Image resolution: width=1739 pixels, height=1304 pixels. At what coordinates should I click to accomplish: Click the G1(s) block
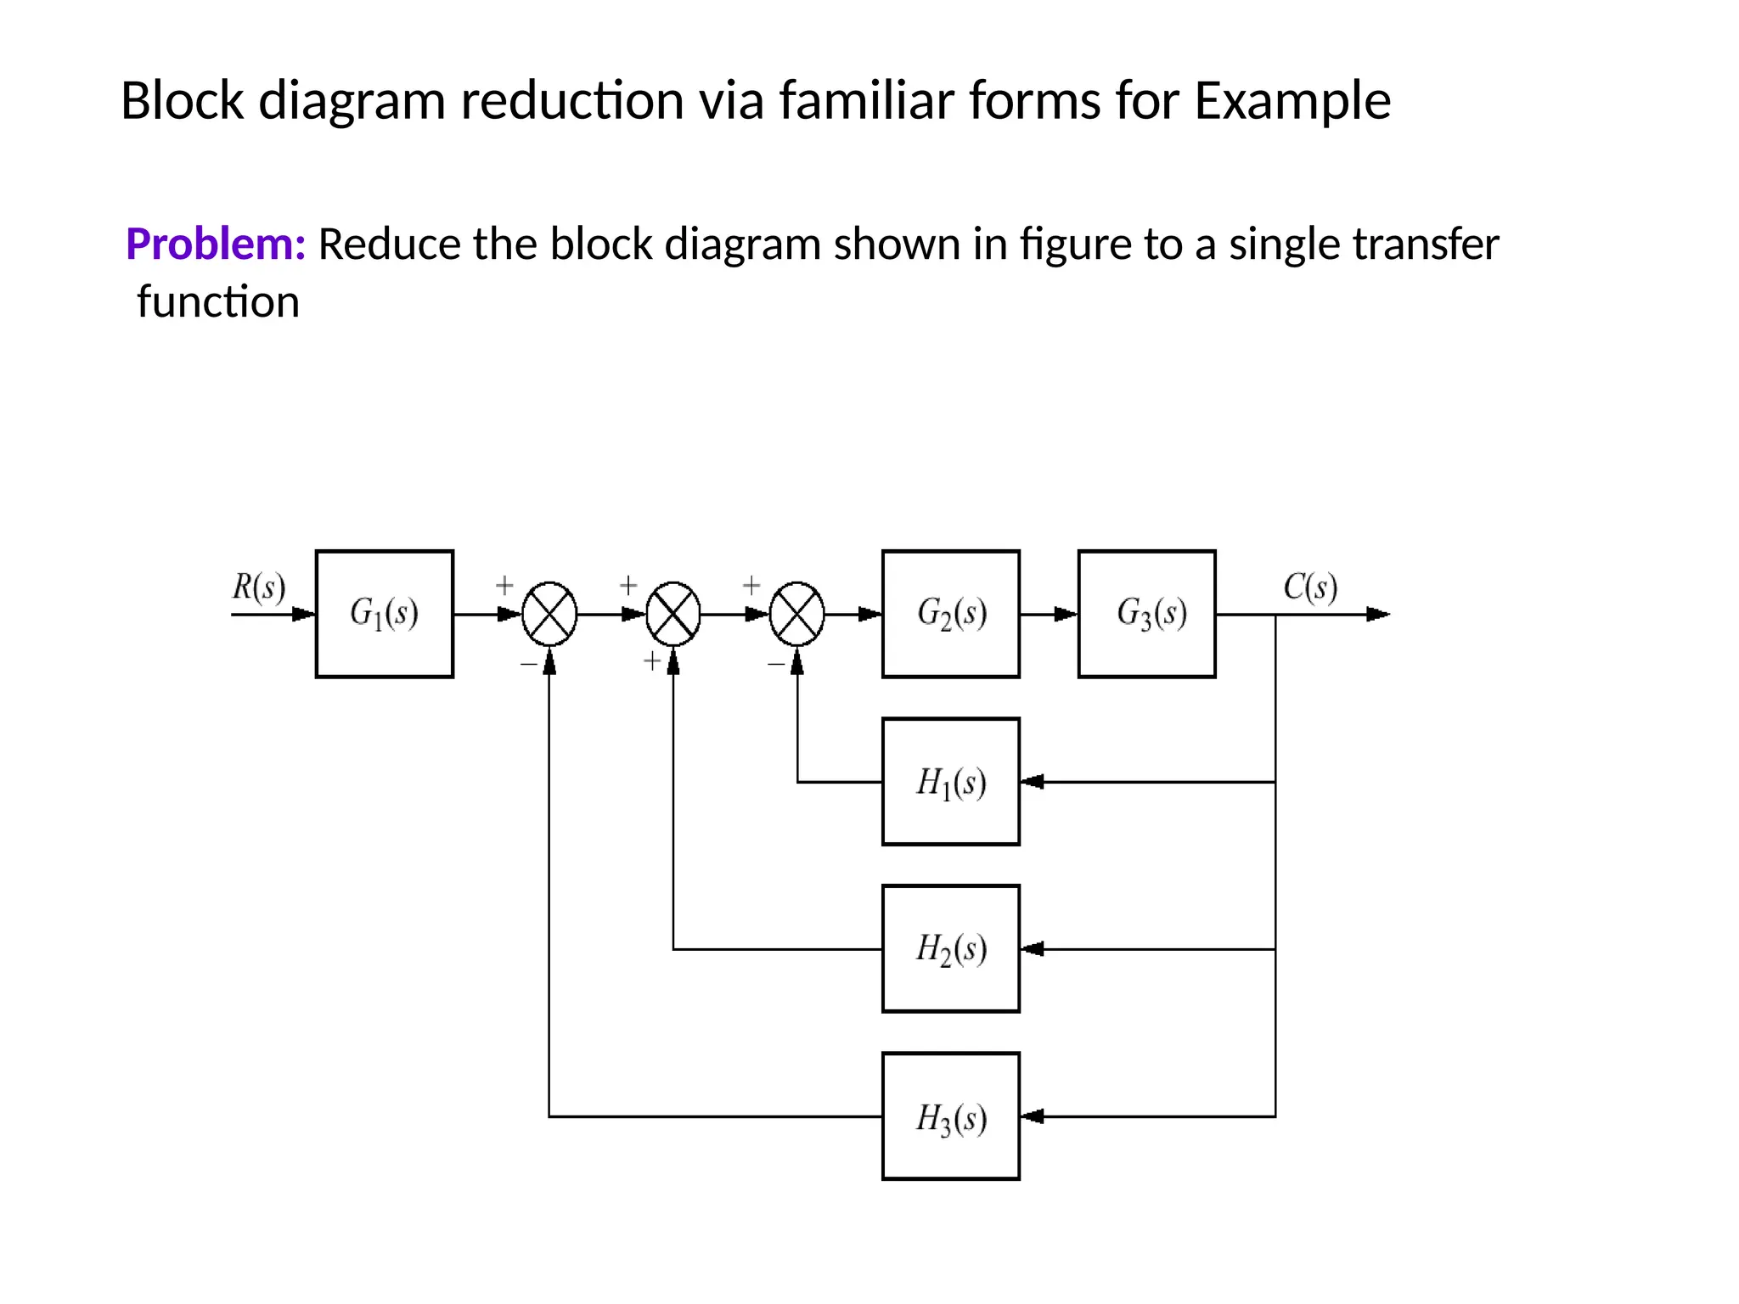pyautogui.click(x=384, y=614)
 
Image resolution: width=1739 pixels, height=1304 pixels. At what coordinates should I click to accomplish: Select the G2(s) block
pyautogui.click(x=950, y=614)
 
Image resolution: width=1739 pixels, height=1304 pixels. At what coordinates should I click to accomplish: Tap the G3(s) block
pyautogui.click(x=1146, y=614)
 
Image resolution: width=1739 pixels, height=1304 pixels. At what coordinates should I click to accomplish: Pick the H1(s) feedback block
pyautogui.click(x=950, y=781)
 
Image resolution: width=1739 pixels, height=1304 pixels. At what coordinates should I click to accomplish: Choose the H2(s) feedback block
pyautogui.click(x=950, y=948)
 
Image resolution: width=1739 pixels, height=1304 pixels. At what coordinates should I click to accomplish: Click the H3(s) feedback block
pyautogui.click(x=950, y=1116)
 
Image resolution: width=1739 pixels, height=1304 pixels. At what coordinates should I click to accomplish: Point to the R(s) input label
pyautogui.click(x=259, y=587)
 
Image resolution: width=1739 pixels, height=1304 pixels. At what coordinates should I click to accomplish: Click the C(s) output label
pyautogui.click(x=1310, y=587)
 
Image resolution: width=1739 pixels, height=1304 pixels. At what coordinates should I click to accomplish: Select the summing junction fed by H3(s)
pyautogui.click(x=549, y=614)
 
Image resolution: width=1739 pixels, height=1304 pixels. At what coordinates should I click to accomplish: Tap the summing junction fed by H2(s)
pyautogui.click(x=673, y=614)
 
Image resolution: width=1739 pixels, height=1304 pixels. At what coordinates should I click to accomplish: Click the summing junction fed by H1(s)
pyautogui.click(x=796, y=614)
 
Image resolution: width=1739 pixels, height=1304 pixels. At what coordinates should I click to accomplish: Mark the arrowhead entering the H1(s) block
pyautogui.click(x=1032, y=781)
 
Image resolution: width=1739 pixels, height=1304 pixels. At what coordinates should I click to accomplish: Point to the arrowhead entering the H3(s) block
pyautogui.click(x=1032, y=1116)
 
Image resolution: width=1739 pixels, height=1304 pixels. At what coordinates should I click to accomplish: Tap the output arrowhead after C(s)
pyautogui.click(x=1377, y=614)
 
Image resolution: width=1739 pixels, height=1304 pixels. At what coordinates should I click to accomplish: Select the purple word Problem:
pyautogui.click(x=216, y=244)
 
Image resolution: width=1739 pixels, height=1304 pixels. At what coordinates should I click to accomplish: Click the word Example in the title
pyautogui.click(x=1292, y=101)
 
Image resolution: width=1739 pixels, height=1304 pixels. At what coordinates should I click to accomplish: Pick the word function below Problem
pyautogui.click(x=218, y=302)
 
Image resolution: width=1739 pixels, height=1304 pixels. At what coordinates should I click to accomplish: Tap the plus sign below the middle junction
pyautogui.click(x=651, y=660)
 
